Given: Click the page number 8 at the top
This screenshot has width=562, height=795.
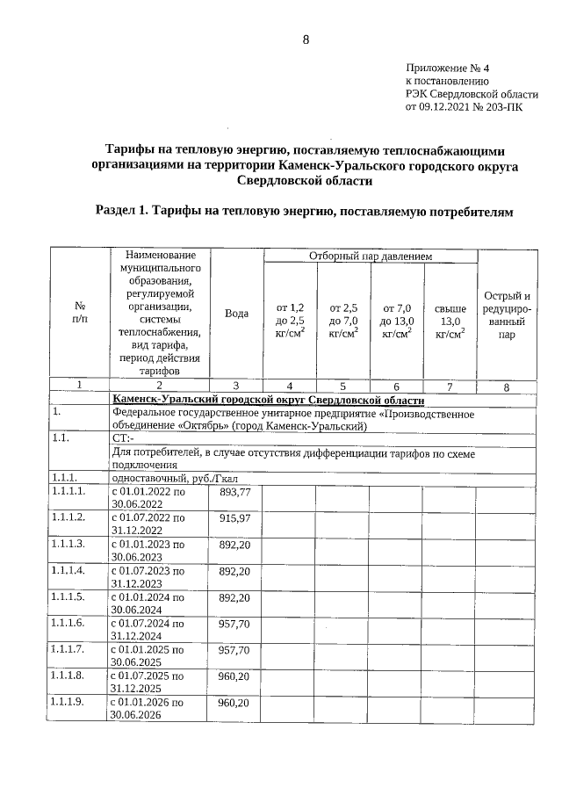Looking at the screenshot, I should point(306,40).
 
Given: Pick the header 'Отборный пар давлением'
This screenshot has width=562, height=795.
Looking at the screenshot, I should point(370,256).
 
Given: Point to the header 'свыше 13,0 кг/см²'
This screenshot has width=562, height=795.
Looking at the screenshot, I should point(450,321).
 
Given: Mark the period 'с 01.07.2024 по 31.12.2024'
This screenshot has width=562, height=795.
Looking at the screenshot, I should point(148,629).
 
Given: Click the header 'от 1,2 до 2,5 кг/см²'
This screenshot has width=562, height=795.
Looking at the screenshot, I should point(290,321).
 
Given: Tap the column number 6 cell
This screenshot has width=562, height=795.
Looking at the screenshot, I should point(397,386).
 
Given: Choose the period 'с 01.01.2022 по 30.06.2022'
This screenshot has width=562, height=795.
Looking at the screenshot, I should point(148,497).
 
